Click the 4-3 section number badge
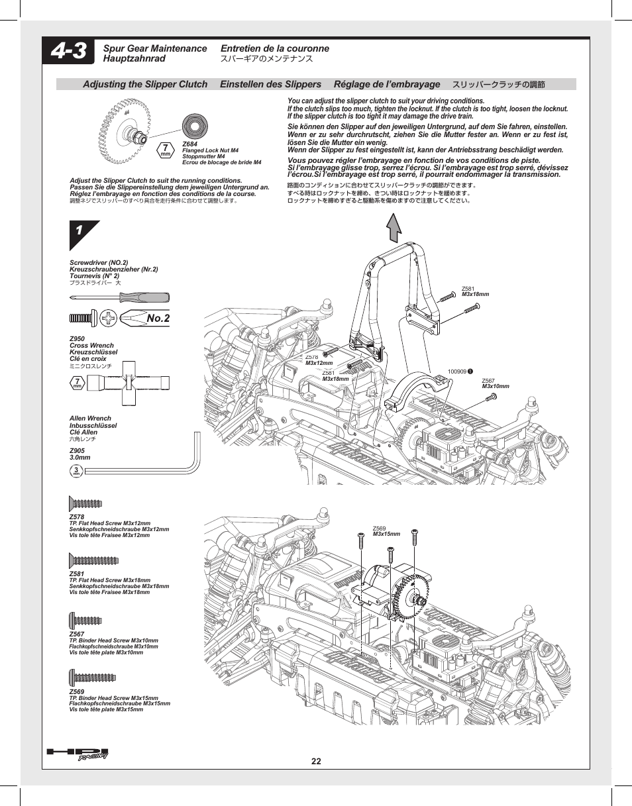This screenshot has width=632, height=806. (69, 52)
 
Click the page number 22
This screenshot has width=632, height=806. (316, 761)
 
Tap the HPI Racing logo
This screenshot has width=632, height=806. (78, 754)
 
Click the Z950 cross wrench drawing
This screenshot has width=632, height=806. (129, 383)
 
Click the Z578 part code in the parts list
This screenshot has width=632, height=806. (77, 517)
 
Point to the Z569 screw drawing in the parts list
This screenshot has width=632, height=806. (93, 678)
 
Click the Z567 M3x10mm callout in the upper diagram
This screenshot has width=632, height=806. (495, 383)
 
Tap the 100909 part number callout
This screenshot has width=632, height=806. (459, 372)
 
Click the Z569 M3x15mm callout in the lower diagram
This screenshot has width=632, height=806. (386, 531)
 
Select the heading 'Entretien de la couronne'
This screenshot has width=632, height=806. (274, 48)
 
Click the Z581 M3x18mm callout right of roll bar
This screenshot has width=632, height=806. (475, 291)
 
